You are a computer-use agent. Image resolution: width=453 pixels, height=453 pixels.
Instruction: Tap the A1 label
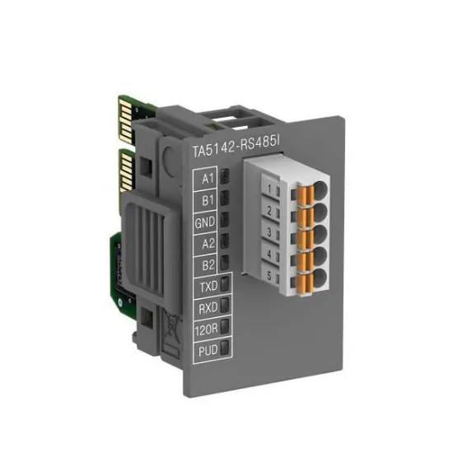click(208, 177)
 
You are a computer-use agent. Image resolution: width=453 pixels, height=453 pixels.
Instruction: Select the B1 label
click(208, 199)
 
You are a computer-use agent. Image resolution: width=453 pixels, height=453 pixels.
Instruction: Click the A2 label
click(208, 244)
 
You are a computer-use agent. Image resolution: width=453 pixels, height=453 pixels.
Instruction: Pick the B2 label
click(208, 265)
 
